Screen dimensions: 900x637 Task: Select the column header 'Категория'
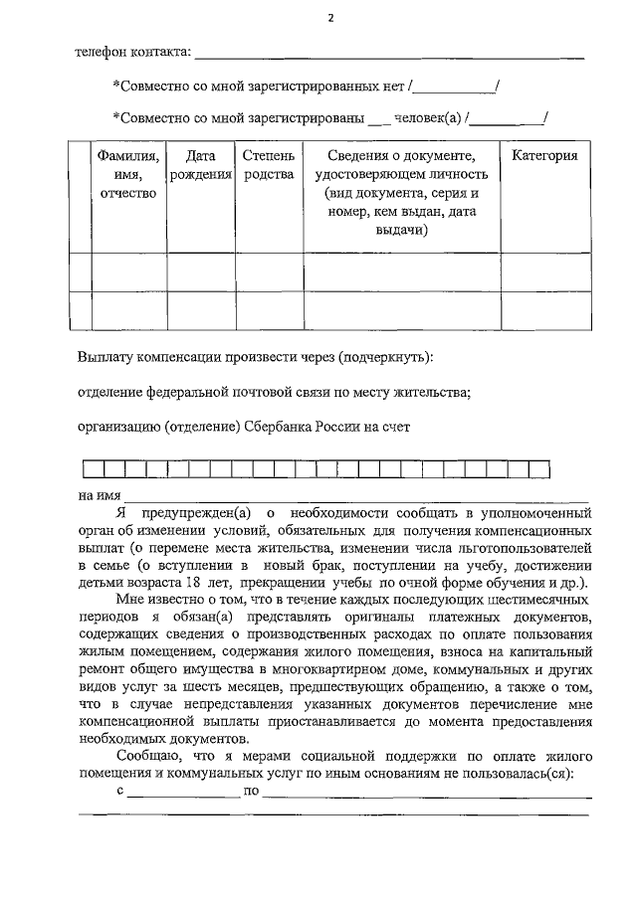[544, 156]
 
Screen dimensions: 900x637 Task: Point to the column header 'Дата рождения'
[201, 165]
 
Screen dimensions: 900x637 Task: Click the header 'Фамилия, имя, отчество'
[129, 174]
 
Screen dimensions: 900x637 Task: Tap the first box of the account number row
[92, 469]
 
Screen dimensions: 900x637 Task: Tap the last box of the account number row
[539, 469]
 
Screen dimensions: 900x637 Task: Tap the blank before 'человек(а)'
[379, 120]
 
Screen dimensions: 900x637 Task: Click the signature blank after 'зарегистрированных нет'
[457, 88]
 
